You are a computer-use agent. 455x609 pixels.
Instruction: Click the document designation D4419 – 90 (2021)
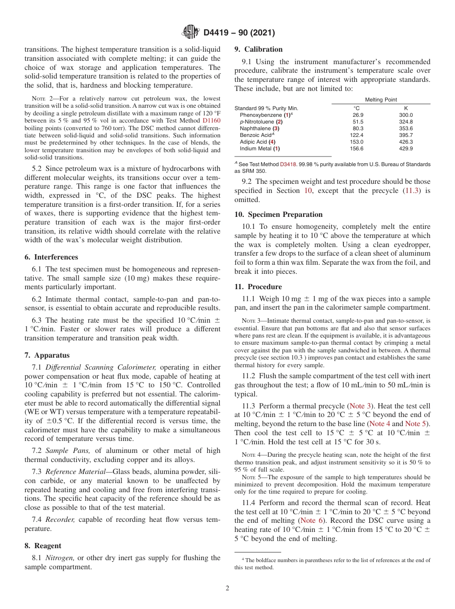click(x=235, y=33)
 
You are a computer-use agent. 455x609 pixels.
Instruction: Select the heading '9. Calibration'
click(x=258, y=49)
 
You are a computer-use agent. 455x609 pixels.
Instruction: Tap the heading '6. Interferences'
click(x=51, y=257)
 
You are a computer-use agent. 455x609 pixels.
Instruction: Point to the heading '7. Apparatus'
click(x=47, y=355)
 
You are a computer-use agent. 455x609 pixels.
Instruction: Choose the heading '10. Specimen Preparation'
click(x=278, y=214)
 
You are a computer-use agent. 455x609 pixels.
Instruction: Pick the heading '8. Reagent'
click(x=43, y=546)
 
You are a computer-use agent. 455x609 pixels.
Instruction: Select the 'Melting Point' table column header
click(x=381, y=100)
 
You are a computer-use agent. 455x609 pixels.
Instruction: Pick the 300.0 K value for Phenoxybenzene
click(x=406, y=115)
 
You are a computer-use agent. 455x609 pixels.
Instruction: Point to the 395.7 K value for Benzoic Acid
click(x=406, y=135)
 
